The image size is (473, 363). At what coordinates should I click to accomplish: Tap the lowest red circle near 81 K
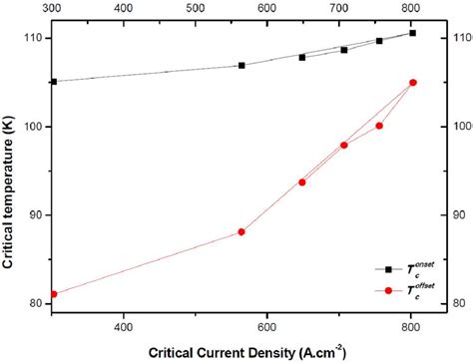click(x=53, y=294)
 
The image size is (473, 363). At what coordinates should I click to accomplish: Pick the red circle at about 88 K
click(x=241, y=231)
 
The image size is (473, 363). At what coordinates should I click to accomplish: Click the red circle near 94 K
click(x=302, y=181)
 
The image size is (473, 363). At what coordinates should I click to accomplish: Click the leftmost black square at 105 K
click(x=53, y=82)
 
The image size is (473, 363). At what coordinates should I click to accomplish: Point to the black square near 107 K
click(x=241, y=66)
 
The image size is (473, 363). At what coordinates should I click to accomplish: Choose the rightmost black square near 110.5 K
click(x=413, y=33)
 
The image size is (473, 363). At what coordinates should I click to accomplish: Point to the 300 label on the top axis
click(x=53, y=7)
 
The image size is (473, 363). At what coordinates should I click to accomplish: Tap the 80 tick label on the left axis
click(x=34, y=303)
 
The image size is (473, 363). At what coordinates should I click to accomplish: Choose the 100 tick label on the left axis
click(x=31, y=127)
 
